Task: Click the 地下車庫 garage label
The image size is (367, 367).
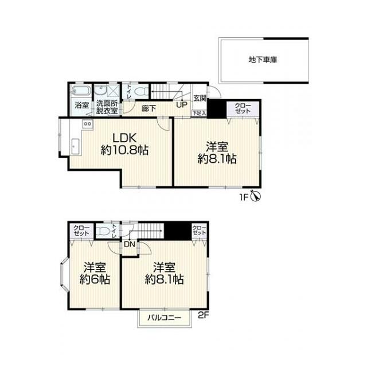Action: pos(263,60)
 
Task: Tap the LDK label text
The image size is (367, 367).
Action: pos(124,138)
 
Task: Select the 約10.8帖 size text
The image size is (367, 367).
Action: pos(124,150)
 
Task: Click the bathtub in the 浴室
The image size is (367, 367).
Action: pos(81,91)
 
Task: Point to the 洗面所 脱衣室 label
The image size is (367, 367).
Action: pos(107,107)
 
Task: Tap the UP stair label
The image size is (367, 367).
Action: pos(182,105)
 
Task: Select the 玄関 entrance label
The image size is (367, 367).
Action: pos(200,98)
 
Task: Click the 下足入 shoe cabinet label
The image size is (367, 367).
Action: pos(200,114)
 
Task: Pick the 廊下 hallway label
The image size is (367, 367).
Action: pos(149,108)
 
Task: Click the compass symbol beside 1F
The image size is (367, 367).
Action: pos(256,196)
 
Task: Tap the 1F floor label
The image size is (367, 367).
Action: pos(243,198)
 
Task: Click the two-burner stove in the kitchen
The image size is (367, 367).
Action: pos(88,124)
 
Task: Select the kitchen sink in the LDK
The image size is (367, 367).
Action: pos(75,146)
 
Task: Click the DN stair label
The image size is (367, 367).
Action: pos(130,244)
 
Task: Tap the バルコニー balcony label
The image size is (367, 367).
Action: pos(165,318)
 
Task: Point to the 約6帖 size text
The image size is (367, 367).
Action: pos(95,279)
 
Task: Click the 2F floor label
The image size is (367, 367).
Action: pos(203,315)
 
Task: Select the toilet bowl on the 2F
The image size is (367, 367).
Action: pos(103,231)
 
